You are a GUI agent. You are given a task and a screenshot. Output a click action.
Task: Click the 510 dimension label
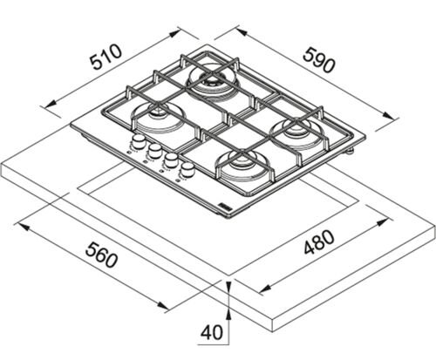(x=106, y=57)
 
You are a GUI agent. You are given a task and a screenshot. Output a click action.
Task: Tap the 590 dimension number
(x=319, y=60)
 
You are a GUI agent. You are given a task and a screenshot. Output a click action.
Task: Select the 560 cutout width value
(x=102, y=256)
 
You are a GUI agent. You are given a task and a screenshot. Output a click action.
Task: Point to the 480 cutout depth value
(x=319, y=242)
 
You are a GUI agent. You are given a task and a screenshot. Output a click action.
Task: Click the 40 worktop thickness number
(x=212, y=332)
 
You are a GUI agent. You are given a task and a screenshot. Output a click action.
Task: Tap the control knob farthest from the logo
(x=138, y=140)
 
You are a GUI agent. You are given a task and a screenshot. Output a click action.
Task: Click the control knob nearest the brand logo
(x=188, y=169)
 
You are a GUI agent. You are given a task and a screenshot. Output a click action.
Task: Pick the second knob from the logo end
(x=171, y=160)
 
